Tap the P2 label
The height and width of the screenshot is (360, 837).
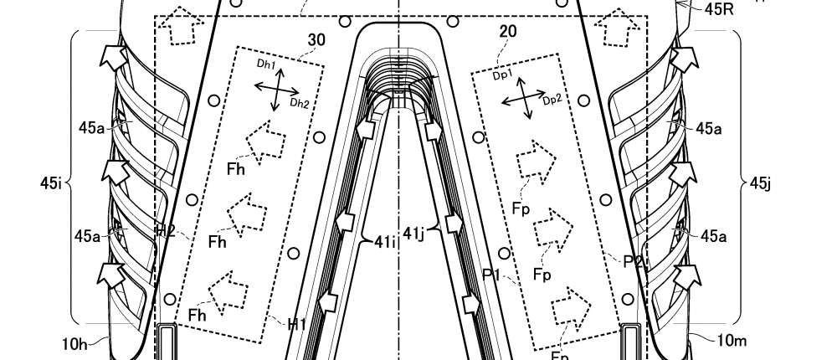(x=634, y=260)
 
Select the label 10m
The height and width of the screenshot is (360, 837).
(x=721, y=339)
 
